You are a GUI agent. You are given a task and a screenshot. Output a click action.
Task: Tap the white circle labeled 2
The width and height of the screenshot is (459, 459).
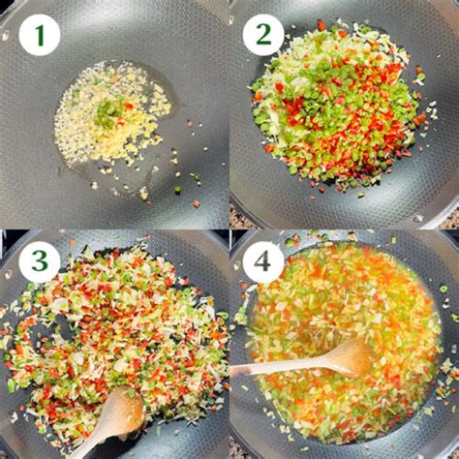tap(263, 35)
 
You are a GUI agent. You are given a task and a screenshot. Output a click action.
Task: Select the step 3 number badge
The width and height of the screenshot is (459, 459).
tap(39, 262)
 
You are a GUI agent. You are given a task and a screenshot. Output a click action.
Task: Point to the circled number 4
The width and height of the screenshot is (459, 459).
tap(263, 262)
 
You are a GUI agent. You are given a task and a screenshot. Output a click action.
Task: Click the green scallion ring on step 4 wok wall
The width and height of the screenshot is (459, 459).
tap(443, 288)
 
